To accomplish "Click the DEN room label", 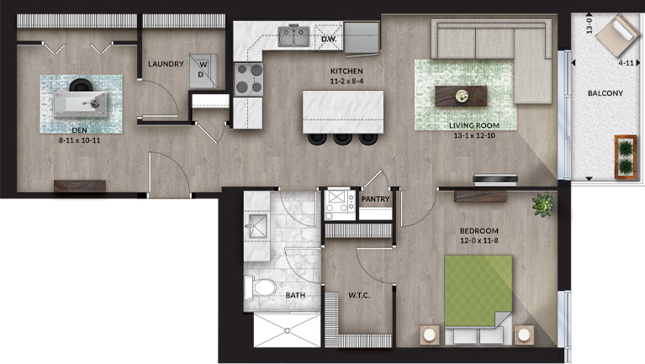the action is [x=79, y=130].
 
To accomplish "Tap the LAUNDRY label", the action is [x=166, y=64].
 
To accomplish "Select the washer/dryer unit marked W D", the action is [x=204, y=71].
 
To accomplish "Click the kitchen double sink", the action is [x=293, y=37].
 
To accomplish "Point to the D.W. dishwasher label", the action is [x=329, y=39].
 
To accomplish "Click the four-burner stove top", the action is [x=248, y=79].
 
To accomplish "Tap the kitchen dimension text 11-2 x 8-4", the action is [x=346, y=81].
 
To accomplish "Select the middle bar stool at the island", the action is [x=342, y=139].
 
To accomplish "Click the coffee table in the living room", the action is [x=461, y=96].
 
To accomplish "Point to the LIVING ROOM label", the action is [x=474, y=125].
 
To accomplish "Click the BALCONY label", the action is [x=605, y=93].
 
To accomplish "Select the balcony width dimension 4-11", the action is [x=626, y=63].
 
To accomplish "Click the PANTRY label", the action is [x=375, y=199].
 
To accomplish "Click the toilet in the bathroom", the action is [x=261, y=288].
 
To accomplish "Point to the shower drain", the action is [x=287, y=330].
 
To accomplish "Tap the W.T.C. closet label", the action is [x=359, y=295].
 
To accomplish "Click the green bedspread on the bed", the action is [x=478, y=290].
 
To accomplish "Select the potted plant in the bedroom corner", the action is [x=542, y=204].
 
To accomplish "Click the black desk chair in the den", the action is [x=81, y=85].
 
